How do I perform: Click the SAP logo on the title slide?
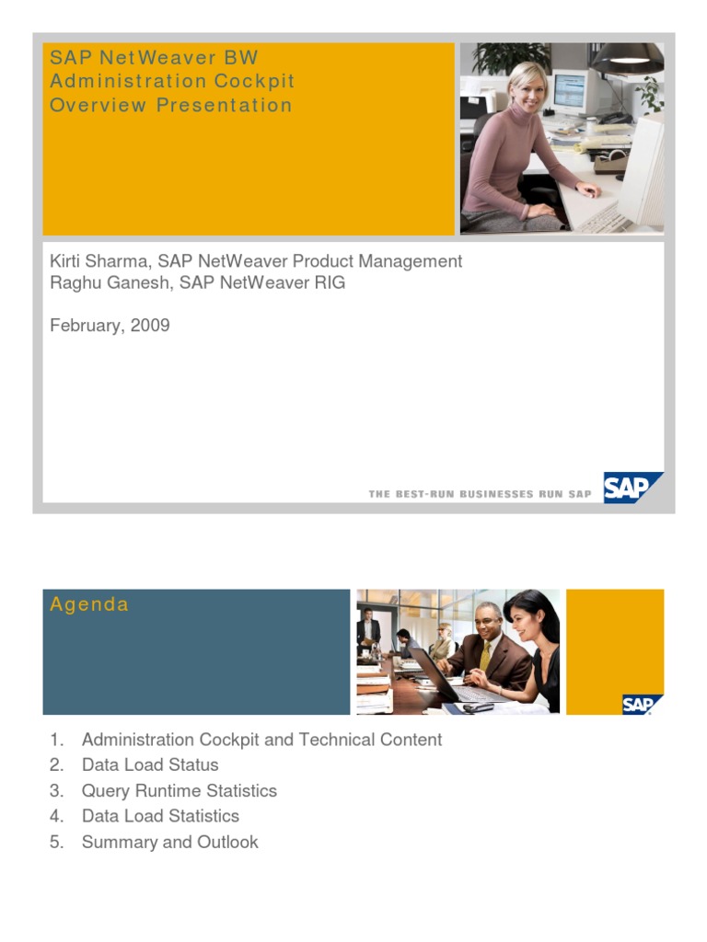point(631,488)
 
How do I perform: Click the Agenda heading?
point(89,604)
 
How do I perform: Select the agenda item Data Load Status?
point(150,765)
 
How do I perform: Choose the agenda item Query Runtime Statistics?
point(179,791)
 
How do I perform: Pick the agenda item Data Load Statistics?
point(160,816)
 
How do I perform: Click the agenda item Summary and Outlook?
point(169,842)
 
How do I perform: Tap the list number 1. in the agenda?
point(57,740)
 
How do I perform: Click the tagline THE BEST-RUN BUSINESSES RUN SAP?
point(480,495)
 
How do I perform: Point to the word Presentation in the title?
point(224,105)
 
